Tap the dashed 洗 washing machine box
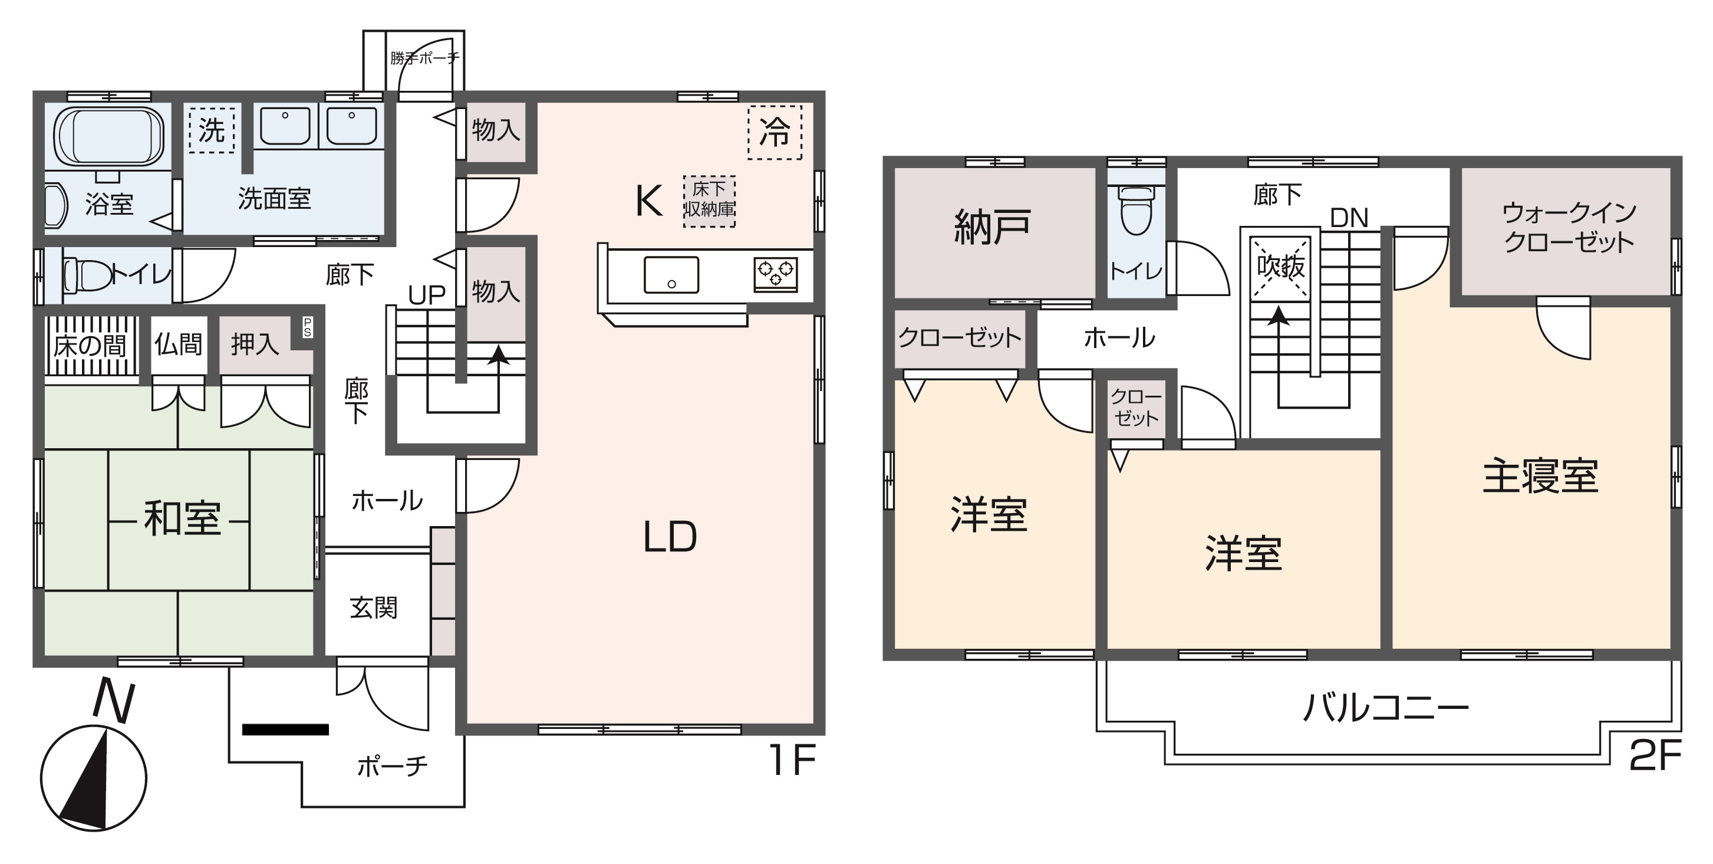click(212, 130)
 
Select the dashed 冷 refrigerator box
click(775, 132)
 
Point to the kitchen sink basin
click(671, 275)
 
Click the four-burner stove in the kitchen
click(775, 274)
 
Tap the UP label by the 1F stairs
click(426, 295)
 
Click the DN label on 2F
click(1349, 218)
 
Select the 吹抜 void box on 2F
click(1281, 267)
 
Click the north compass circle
click(94, 778)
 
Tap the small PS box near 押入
click(307, 327)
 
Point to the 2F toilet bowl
click(1136, 209)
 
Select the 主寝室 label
click(1540, 476)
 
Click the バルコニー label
click(1386, 708)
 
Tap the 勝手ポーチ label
click(424, 58)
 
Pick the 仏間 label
click(178, 344)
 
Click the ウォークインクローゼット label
click(1569, 228)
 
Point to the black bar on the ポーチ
click(285, 730)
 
